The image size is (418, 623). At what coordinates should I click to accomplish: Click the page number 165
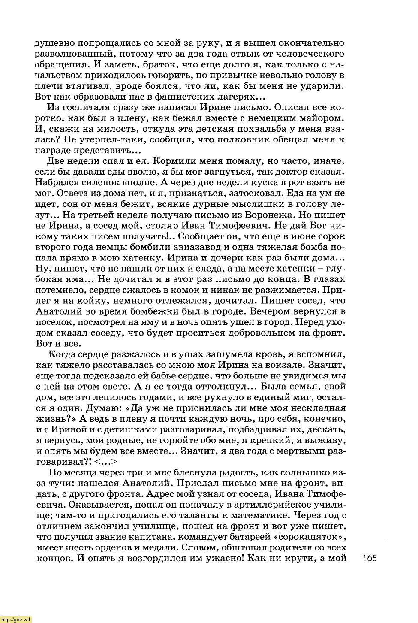pos(369,558)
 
